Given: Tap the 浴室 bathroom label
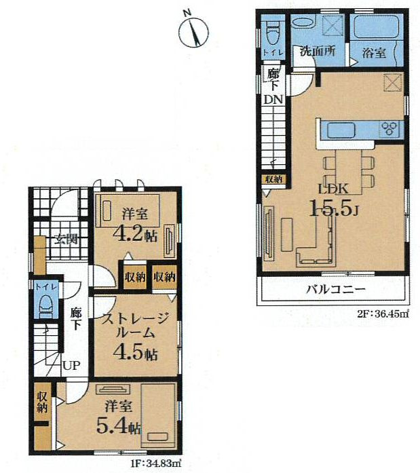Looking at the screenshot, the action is tap(374, 53).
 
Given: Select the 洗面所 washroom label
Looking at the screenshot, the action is tap(318, 51).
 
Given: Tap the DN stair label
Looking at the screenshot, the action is tap(273, 99).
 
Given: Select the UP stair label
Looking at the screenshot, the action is tap(71, 366).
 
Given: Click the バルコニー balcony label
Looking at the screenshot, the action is tap(336, 290).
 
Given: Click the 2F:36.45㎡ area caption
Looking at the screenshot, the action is tap(383, 314).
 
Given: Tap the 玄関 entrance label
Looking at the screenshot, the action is tap(66, 240).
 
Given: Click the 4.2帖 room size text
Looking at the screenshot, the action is tap(135, 234).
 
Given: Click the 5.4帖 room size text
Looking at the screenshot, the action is tap(119, 425).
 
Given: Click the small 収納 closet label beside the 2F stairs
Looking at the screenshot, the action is tap(273, 179).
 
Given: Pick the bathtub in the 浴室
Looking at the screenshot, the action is tap(376, 26).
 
